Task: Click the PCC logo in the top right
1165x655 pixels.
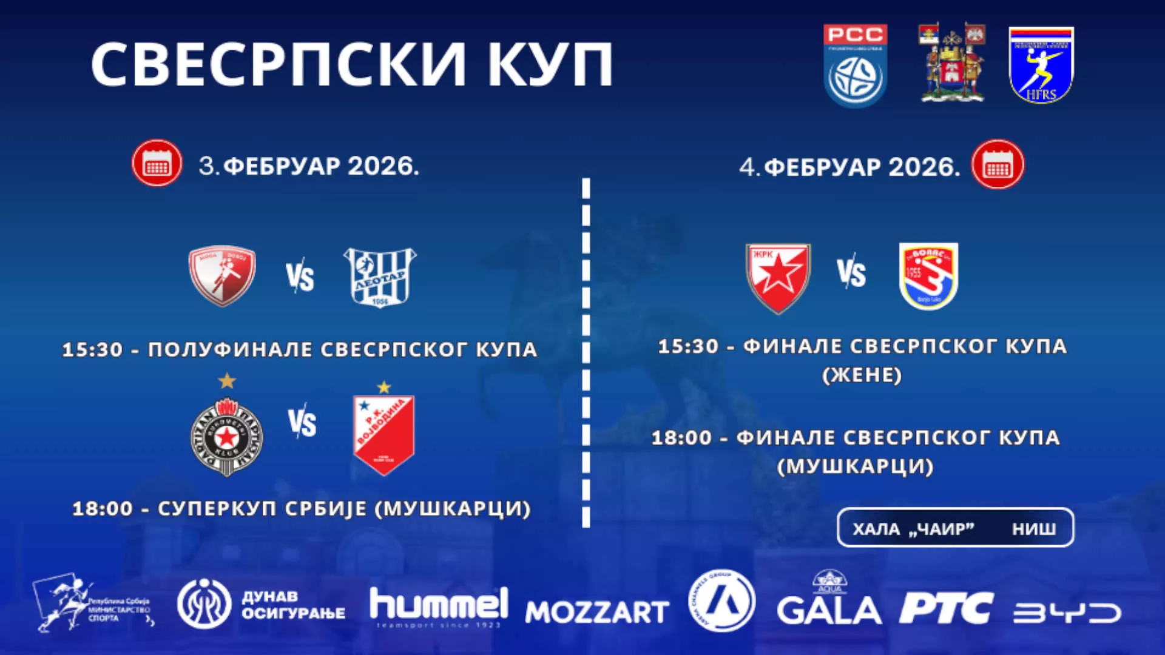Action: pos(855,65)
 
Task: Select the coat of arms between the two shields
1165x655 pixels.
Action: pos(951,63)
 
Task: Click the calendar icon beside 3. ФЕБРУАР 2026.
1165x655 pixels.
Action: pos(157,164)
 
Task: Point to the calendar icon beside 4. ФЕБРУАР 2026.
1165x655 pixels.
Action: pos(998,165)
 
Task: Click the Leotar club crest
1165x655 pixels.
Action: pos(380,277)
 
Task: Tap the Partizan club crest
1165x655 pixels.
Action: pos(226,436)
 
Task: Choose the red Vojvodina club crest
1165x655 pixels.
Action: pos(383,434)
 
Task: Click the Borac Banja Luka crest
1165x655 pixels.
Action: pos(928,277)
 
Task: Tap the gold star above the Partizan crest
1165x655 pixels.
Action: pos(227,381)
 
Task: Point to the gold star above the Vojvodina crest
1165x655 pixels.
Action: pos(384,387)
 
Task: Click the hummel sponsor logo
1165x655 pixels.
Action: pos(439,605)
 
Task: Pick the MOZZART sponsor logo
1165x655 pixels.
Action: pos(597,611)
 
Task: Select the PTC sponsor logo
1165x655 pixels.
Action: pos(946,608)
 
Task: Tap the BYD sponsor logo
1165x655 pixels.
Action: pos(1067,613)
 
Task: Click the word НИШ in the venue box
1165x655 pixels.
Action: pos(1034,529)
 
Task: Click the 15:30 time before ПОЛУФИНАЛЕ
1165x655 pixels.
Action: pos(92,350)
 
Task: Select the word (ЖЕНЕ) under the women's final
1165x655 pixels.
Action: pos(862,375)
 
